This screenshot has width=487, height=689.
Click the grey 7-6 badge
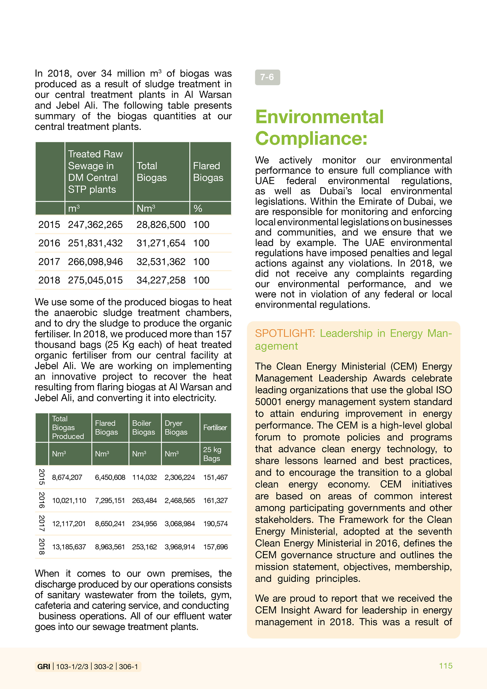[x=267, y=77]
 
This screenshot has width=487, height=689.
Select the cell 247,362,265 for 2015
[x=95, y=225]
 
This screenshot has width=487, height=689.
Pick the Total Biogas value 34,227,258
[x=161, y=280]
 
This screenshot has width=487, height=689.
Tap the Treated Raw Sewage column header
[x=95, y=172]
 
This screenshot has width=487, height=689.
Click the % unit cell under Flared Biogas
[x=198, y=208]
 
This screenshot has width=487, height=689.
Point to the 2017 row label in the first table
[x=49, y=262]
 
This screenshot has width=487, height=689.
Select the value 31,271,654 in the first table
[x=161, y=243]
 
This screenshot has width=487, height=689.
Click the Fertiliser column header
[x=215, y=428]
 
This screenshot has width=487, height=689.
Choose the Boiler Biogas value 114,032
[x=144, y=477]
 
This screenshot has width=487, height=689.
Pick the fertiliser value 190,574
[x=215, y=524]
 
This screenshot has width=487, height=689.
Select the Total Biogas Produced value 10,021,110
[x=69, y=501]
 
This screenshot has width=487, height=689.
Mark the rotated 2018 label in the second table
[x=42, y=546]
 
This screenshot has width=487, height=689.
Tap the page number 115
[x=446, y=666]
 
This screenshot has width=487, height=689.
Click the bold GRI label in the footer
[x=44, y=666]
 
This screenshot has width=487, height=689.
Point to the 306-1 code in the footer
[x=128, y=666]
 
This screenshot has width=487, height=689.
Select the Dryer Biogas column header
[x=176, y=428]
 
